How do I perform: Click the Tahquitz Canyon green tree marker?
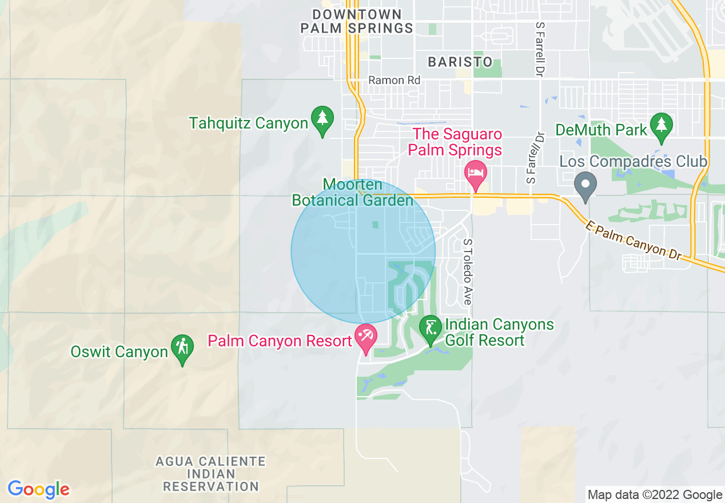(322, 119)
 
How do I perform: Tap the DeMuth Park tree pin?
(662, 126)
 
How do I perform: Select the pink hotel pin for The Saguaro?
(475, 172)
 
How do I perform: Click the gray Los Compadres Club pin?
(585, 185)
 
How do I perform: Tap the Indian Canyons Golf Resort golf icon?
(430, 329)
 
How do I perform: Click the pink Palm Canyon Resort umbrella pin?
(365, 336)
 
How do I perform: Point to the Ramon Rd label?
(394, 81)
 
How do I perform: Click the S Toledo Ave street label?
(468, 272)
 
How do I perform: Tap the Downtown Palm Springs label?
(357, 21)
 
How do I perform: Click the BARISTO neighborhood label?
(460, 62)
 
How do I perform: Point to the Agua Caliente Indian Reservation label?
(210, 474)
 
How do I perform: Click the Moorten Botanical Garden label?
(352, 193)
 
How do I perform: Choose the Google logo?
(38, 489)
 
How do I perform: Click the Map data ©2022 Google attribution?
(655, 495)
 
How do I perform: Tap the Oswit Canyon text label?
(119, 352)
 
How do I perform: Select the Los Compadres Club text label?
(634, 162)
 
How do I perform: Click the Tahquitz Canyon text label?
(249, 123)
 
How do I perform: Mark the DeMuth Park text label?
(601, 130)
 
